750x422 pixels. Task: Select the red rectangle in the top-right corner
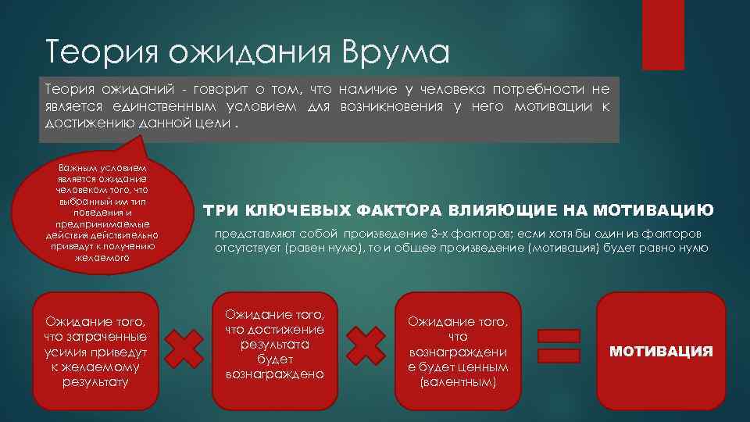(662, 34)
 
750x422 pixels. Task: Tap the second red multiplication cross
(365, 346)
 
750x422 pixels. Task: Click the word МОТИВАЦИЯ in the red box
(661, 351)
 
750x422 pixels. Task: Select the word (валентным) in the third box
(458, 383)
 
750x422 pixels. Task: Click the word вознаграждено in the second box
(274, 374)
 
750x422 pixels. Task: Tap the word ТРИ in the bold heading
(222, 210)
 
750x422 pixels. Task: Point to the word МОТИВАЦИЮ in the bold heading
(653, 210)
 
